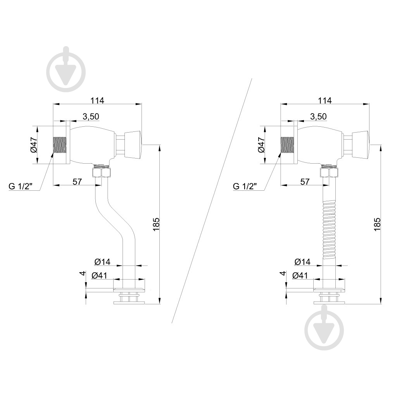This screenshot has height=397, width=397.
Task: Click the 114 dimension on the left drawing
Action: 97,100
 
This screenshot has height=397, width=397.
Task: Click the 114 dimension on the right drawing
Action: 325,100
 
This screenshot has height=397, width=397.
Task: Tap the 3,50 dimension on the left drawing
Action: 91,116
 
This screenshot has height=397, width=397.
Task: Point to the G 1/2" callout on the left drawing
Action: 21,186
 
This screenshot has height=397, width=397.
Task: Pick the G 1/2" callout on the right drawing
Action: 245,186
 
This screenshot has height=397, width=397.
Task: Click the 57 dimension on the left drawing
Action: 77,181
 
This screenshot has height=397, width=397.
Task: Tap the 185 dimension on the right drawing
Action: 377,224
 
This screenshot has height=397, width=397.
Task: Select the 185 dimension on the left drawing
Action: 156,224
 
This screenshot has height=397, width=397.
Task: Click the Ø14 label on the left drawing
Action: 102,262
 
